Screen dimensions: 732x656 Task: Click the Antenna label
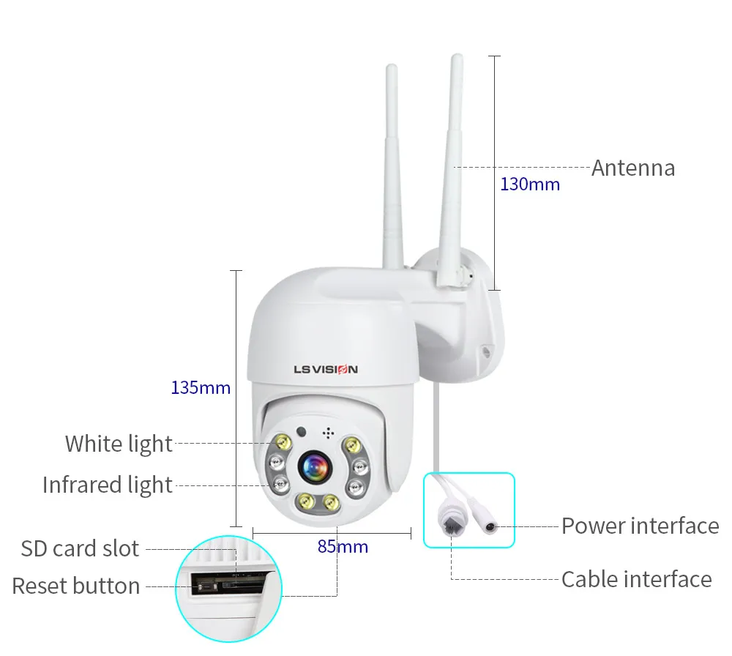[633, 168]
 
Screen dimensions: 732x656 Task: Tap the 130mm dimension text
[530, 184]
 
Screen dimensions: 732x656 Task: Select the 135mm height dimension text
[201, 387]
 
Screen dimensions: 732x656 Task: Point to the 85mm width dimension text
[343, 546]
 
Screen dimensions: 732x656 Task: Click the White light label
[119, 444]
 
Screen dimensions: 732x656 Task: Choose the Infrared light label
[108, 485]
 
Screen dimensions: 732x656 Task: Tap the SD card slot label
[80, 548]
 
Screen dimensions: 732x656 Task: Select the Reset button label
[76, 586]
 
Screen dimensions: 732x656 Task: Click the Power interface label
[640, 526]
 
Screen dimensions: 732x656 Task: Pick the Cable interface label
[637, 579]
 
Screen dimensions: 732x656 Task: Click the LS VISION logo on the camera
[326, 369]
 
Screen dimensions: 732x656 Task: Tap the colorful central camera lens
[315, 466]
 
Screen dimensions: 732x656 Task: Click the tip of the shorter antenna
[392, 66]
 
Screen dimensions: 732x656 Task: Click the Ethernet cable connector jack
[450, 523]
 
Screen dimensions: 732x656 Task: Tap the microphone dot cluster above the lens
[328, 433]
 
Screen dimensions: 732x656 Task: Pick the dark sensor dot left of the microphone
[302, 432]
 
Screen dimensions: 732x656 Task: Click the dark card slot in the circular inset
[228, 584]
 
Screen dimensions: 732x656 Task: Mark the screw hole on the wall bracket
[487, 351]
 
